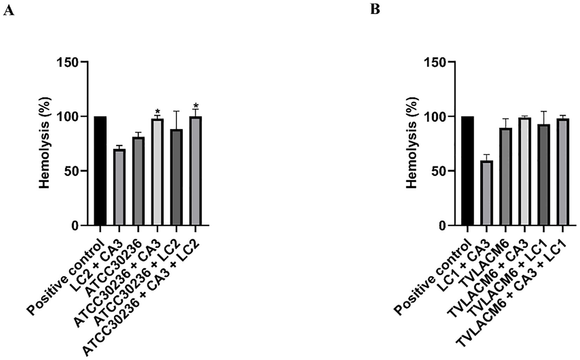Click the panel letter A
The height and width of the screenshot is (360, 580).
[x=8, y=11]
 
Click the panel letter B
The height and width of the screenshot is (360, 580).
[x=375, y=9]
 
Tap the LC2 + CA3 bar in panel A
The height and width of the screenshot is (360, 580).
[x=119, y=188]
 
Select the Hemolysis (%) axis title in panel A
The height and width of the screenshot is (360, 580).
[x=45, y=143]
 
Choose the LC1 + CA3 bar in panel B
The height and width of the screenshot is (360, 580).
[x=487, y=193]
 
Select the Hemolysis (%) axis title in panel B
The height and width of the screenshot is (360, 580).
[x=412, y=143]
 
